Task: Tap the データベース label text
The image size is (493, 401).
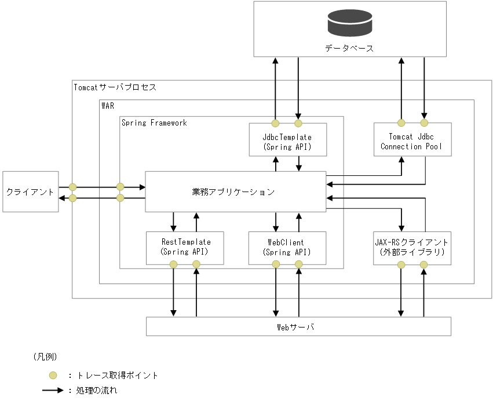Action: tap(349, 48)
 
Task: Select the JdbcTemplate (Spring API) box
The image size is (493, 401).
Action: tap(287, 142)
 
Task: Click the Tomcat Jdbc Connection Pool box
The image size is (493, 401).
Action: tap(411, 142)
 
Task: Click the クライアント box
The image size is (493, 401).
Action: tap(30, 192)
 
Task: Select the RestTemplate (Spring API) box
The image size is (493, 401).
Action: tap(184, 247)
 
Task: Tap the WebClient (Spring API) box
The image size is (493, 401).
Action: tap(287, 247)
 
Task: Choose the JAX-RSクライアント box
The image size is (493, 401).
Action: tap(411, 247)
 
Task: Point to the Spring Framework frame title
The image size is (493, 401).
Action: tap(154, 123)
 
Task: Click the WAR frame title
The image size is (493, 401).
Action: tap(108, 106)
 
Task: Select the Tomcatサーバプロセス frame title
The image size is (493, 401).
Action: tap(115, 87)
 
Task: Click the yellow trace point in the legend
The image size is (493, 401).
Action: tap(53, 375)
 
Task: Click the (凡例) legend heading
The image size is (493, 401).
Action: tap(44, 356)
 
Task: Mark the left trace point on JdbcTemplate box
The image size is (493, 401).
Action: tap(276, 123)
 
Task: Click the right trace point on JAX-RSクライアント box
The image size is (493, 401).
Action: tap(423, 264)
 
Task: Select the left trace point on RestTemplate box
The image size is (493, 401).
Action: tap(173, 264)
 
